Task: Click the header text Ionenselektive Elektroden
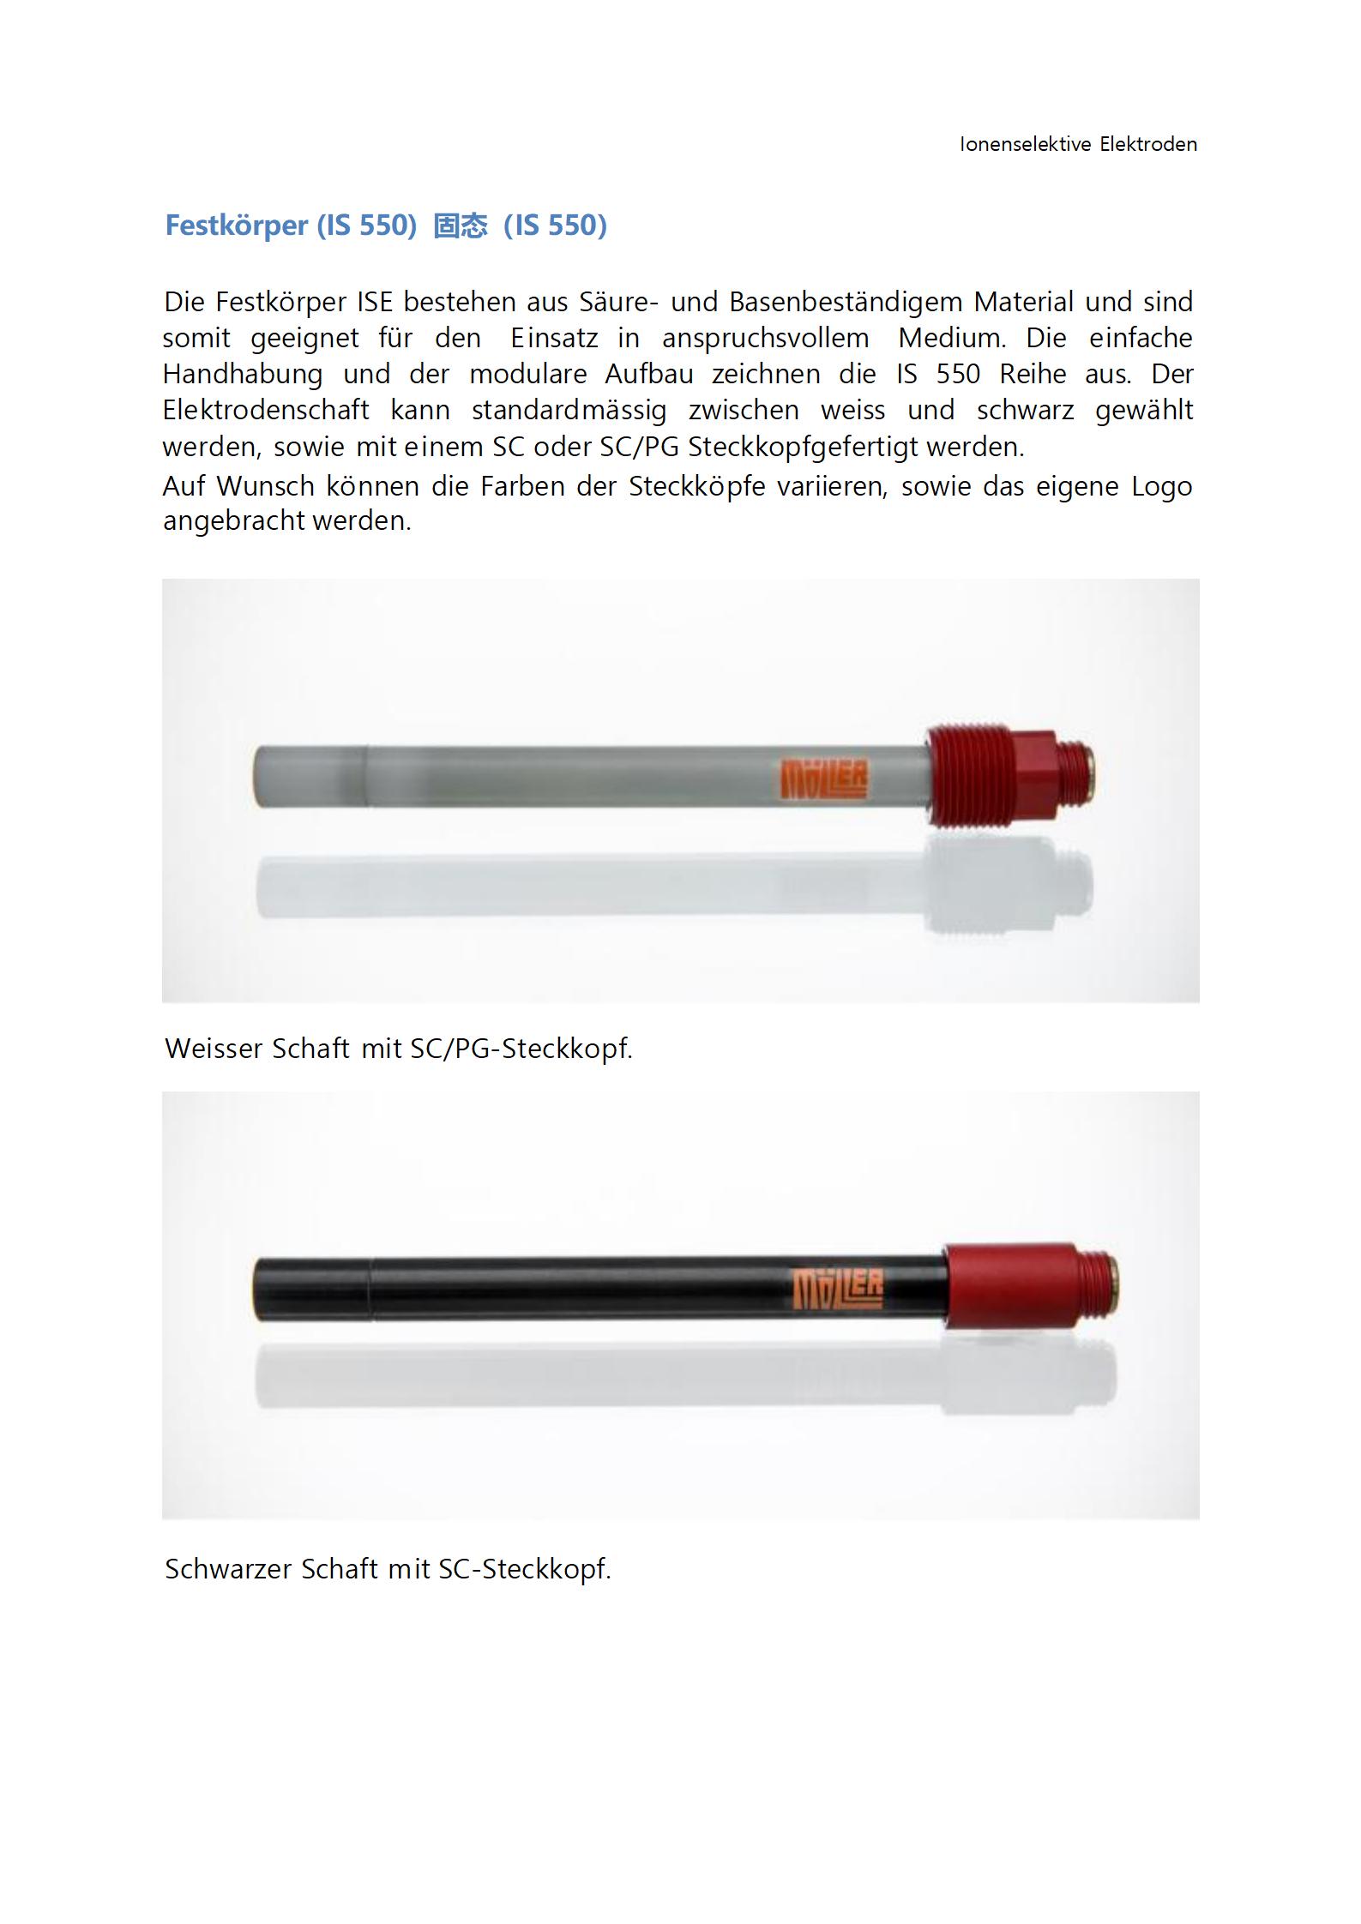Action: click(1078, 144)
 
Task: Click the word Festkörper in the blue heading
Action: click(236, 225)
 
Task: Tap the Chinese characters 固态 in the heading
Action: click(461, 225)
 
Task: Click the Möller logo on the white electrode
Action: click(823, 779)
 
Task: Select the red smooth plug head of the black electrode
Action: click(1009, 1286)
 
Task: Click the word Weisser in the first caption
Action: click(214, 1049)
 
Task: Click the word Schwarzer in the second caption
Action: click(227, 1569)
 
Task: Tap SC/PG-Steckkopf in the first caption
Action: click(521, 1049)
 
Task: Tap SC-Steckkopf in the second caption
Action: click(524, 1569)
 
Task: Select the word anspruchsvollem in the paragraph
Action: click(765, 338)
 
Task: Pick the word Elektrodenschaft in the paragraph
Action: click(266, 410)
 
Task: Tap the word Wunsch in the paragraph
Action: click(265, 486)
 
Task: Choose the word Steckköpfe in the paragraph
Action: click(696, 486)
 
